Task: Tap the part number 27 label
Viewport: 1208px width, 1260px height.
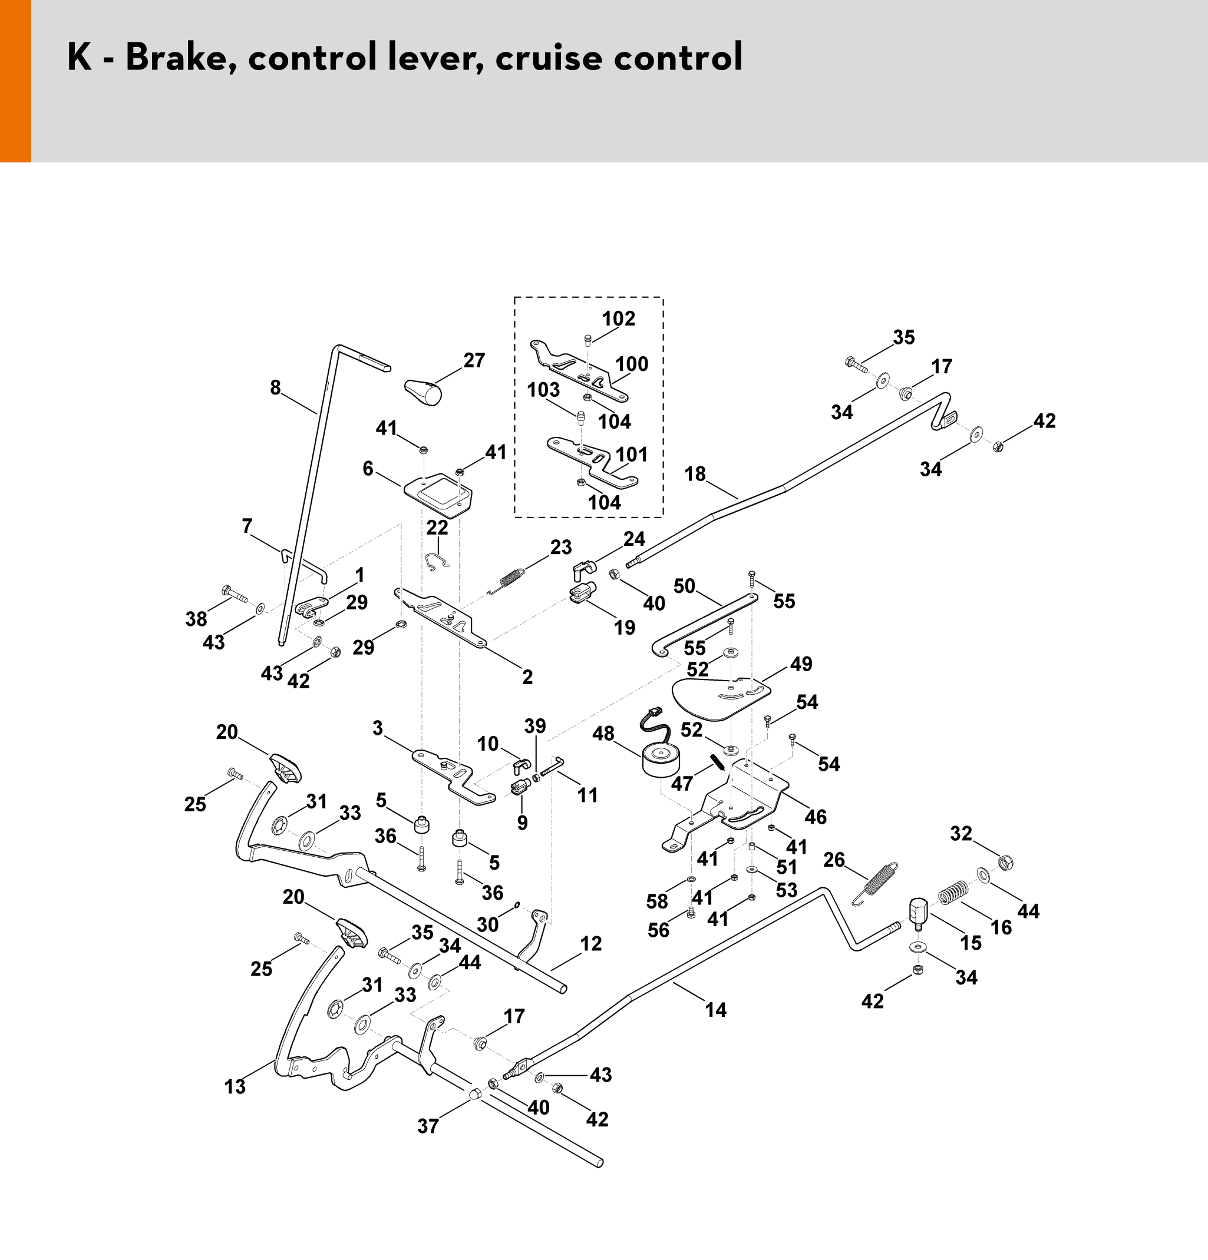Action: coord(474,361)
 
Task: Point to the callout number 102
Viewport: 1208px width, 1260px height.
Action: coord(618,319)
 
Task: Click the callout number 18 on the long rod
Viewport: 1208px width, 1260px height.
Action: coord(695,474)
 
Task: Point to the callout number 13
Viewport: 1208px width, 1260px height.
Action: coord(235,1087)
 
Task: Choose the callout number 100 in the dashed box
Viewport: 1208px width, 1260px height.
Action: coord(632,364)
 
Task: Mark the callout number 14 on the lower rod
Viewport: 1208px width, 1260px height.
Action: coord(715,1010)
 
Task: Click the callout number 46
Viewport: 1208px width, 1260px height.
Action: coord(815,817)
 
